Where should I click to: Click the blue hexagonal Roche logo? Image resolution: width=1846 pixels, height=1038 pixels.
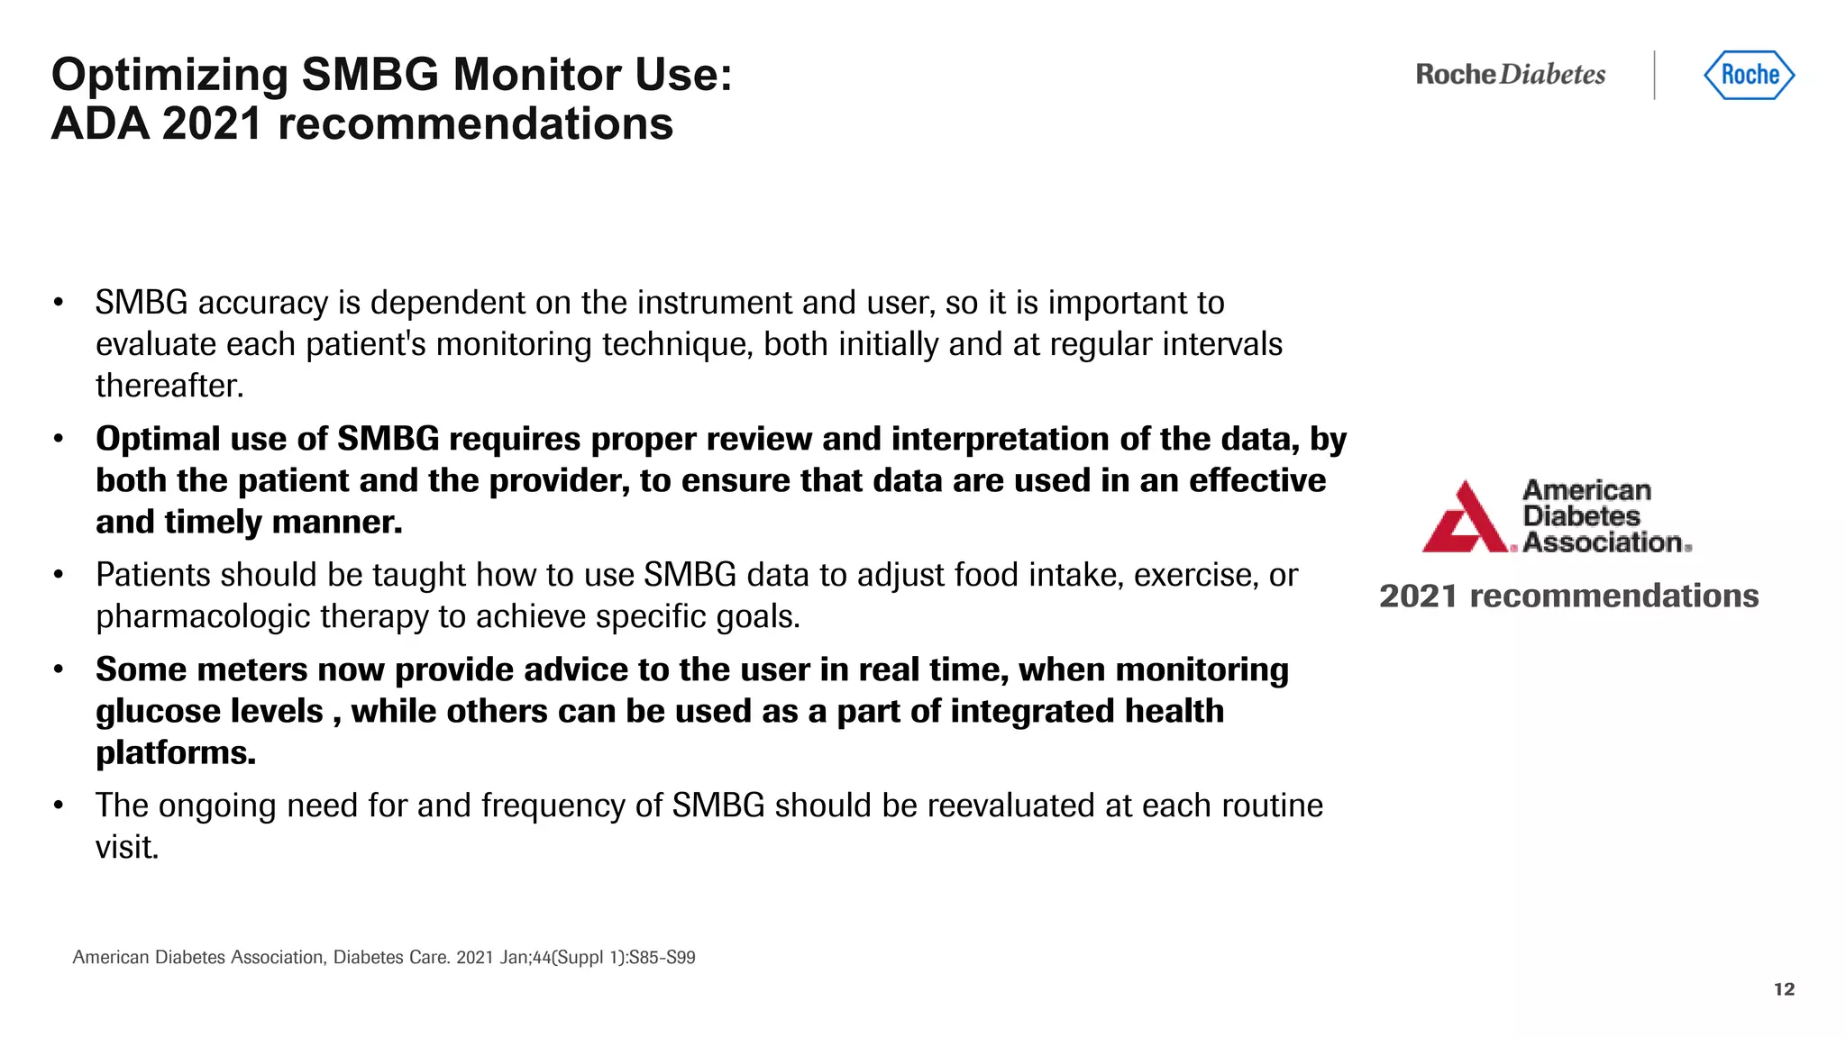point(1749,75)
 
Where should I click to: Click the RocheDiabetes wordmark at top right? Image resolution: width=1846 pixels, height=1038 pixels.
point(1510,75)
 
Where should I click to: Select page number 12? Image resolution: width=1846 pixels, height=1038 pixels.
point(1784,989)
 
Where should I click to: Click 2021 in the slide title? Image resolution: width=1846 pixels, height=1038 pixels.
point(212,123)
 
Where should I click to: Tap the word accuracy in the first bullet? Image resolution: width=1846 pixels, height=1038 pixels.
point(262,304)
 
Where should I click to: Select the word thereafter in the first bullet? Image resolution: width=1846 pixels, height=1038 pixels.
point(169,387)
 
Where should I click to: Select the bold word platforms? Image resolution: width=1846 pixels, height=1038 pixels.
point(175,753)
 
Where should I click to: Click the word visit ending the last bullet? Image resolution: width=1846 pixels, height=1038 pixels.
point(126,848)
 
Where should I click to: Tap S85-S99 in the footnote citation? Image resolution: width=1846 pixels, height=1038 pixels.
point(662,958)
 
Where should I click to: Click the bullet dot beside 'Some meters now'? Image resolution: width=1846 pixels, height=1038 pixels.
point(59,670)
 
